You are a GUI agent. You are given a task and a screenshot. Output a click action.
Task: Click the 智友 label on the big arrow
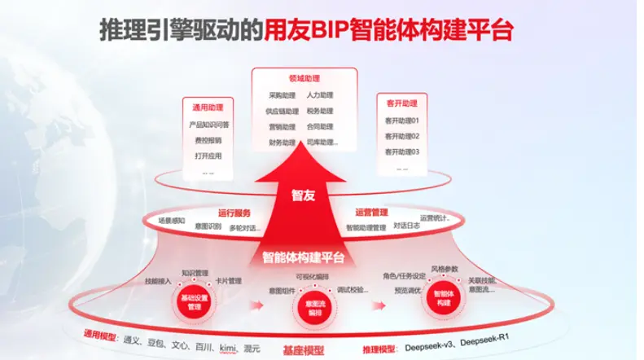click(304, 195)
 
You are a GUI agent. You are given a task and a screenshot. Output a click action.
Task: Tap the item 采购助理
click(281, 95)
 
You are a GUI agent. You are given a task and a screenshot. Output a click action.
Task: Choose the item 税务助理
click(320, 111)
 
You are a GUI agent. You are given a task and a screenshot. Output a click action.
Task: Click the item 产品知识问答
click(208, 125)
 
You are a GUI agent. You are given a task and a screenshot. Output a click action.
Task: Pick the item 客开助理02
click(402, 136)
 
